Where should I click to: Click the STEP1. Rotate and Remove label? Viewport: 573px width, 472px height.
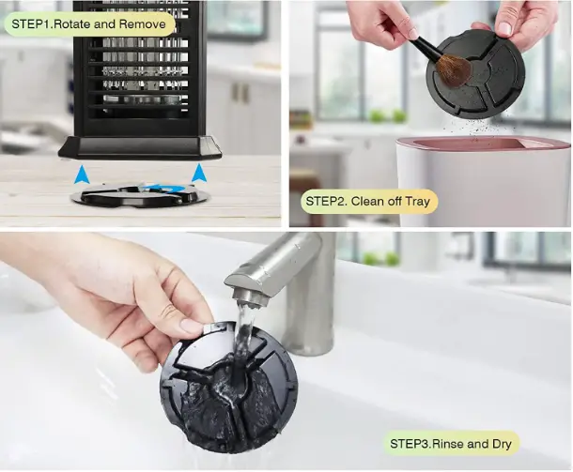pyautogui.click(x=89, y=23)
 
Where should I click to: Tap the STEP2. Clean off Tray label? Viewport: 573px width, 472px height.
pyautogui.click(x=370, y=201)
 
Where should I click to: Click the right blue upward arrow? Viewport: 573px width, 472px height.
pyautogui.click(x=199, y=173)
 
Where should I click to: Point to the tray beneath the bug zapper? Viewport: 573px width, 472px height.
pyautogui.click(x=141, y=195)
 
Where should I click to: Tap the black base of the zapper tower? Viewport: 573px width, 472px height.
pyautogui.click(x=140, y=147)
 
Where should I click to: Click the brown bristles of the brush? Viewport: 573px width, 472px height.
pyautogui.click(x=453, y=70)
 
